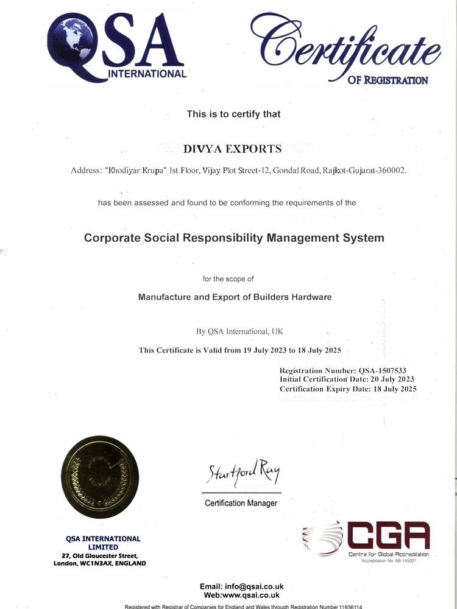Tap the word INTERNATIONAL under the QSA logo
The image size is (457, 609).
tap(147, 74)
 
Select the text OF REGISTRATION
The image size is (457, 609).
tap(388, 80)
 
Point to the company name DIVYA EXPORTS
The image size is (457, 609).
tap(233, 149)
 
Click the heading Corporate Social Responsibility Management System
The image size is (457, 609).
tap(234, 238)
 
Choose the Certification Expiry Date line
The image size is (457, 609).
tap(348, 389)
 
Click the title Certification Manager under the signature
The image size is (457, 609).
tap(241, 503)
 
